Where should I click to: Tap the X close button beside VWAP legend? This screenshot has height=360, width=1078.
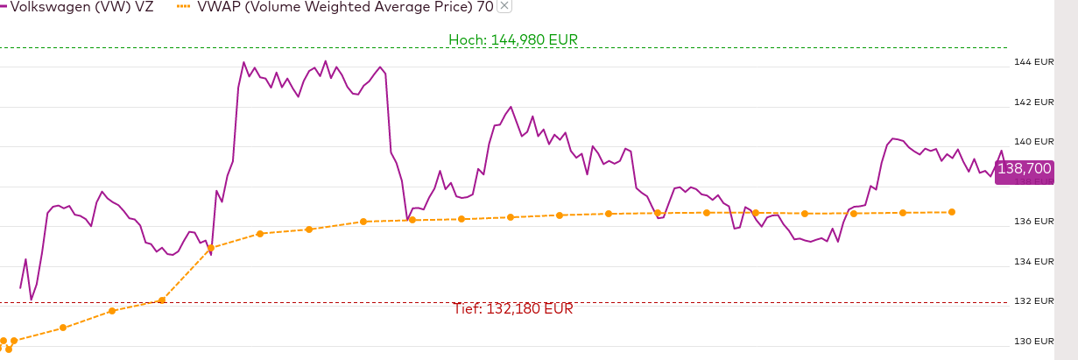pyautogui.click(x=504, y=6)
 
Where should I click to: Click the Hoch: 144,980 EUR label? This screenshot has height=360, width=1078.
pyautogui.click(x=512, y=39)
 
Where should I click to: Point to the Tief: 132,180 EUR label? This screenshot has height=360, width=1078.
pyautogui.click(x=512, y=309)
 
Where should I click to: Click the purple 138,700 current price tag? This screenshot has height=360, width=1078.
pyautogui.click(x=1024, y=167)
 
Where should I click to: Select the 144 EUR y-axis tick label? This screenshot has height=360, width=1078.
pyautogui.click(x=1033, y=62)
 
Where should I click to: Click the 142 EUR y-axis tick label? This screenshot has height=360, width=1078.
pyautogui.click(x=1033, y=102)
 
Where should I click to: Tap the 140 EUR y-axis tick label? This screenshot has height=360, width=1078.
pyautogui.click(x=1033, y=142)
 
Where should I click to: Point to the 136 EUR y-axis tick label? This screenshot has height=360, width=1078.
pyautogui.click(x=1033, y=222)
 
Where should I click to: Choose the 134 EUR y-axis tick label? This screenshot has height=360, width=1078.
pyautogui.click(x=1033, y=262)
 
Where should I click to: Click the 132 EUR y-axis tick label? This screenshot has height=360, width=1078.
pyautogui.click(x=1033, y=301)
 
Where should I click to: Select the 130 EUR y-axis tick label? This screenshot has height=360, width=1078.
pyautogui.click(x=1033, y=342)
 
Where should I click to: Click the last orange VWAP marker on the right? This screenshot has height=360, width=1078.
pyautogui.click(x=952, y=212)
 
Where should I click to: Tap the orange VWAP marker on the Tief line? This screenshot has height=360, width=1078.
pyautogui.click(x=161, y=300)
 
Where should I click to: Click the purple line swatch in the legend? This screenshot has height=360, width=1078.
pyautogui.click(x=4, y=7)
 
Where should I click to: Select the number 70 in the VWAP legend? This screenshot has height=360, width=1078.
pyautogui.click(x=484, y=7)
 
